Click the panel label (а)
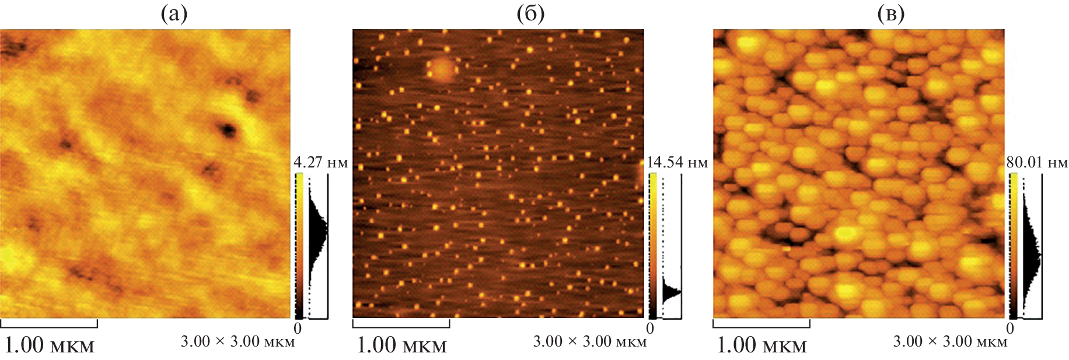coord(174,14)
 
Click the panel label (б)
coord(530,14)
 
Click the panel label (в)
coord(891,14)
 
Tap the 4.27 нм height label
coord(320,162)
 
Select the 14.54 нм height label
coord(677,162)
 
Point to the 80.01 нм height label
coord(1037,162)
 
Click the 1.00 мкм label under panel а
coord(49,345)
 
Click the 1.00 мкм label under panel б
coord(401,345)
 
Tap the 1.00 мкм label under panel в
coord(761,345)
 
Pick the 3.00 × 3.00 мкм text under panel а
coord(237,341)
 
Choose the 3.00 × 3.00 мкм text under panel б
coord(590,341)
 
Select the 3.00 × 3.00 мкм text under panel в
coord(950,341)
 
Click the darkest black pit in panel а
coord(227,129)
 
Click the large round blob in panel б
coord(442,69)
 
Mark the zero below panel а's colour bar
coord(298,328)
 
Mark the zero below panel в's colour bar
coord(1010,328)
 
